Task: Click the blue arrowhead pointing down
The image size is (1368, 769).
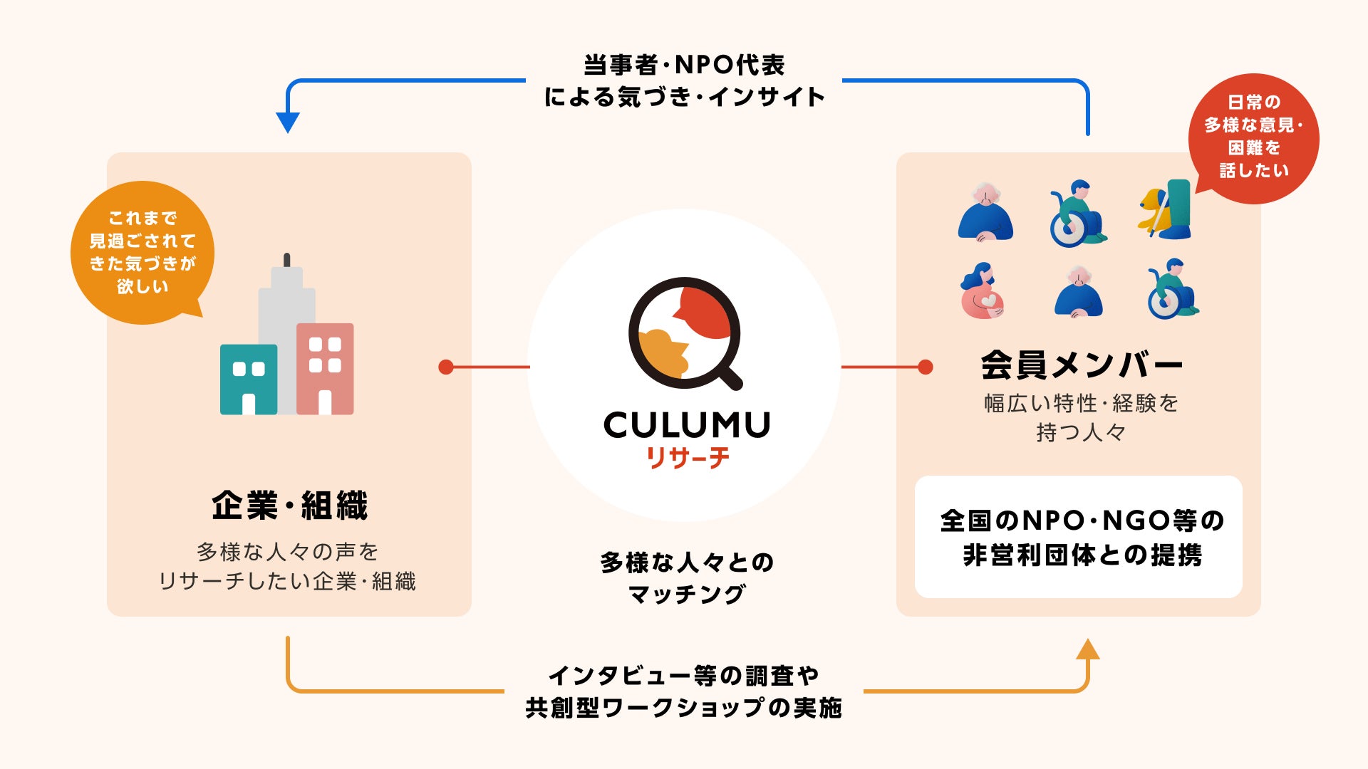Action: pos(287,122)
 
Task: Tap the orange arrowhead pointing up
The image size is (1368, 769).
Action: pos(1087,649)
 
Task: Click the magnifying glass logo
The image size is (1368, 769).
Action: pos(685,333)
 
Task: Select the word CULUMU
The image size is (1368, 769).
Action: pos(687,425)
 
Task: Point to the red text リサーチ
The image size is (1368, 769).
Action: pos(688,457)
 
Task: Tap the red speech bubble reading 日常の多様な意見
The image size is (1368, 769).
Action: pos(1253,137)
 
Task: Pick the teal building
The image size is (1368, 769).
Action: pos(249,379)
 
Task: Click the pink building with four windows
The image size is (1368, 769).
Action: pos(325,368)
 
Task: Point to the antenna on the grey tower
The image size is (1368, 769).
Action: pos(286,260)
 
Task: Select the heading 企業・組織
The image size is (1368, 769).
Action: pos(289,506)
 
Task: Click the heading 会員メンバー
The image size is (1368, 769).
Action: pos(1081,365)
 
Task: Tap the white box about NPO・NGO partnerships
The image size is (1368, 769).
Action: pos(1079,537)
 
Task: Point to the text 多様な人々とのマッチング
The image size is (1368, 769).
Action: pos(687,577)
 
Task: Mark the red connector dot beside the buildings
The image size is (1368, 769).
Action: pos(446,367)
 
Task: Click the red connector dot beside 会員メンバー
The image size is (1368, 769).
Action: pos(925,367)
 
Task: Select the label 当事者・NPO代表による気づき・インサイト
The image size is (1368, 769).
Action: pos(684,80)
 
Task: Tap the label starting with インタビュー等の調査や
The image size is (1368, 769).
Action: pos(684,691)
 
